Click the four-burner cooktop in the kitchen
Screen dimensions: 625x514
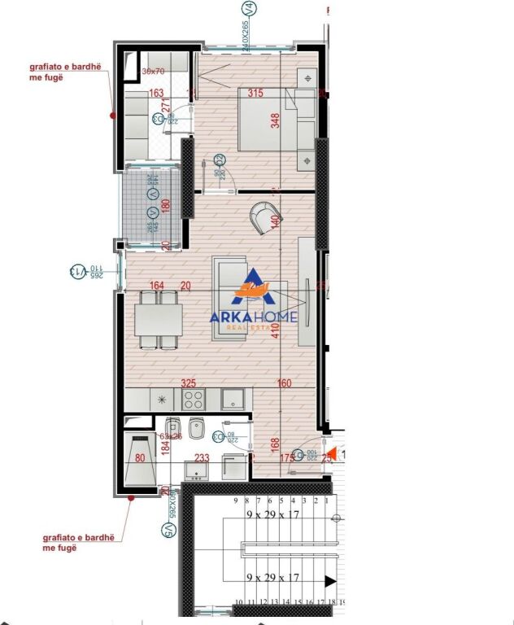point(194,399)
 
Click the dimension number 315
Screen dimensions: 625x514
point(255,94)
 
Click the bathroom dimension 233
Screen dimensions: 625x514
point(203,458)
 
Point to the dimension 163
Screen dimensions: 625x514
point(156,94)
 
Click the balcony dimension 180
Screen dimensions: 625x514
point(166,206)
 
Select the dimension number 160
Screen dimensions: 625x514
point(284,382)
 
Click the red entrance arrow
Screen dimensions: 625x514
point(329,456)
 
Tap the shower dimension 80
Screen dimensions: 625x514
point(140,458)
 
